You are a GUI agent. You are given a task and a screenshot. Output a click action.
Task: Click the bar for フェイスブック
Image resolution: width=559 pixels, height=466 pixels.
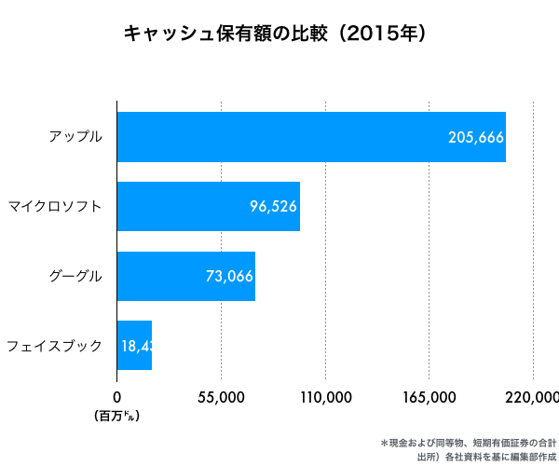[x=134, y=345]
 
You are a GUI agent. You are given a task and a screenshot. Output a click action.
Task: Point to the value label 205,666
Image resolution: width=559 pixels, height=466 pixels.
[x=476, y=137]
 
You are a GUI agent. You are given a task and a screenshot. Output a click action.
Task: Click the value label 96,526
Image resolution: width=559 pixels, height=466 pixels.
[x=274, y=206]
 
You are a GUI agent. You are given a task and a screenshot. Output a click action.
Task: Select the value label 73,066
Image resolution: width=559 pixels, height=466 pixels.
[x=229, y=276]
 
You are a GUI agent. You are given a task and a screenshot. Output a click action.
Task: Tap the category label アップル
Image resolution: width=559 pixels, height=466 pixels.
[x=75, y=137]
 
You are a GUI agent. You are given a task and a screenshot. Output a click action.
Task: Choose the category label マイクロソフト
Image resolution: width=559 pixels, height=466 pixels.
[x=54, y=206]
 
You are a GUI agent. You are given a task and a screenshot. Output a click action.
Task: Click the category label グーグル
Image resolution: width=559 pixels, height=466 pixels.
[x=75, y=276]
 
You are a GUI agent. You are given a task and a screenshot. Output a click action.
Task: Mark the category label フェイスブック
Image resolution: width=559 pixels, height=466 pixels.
[x=54, y=346]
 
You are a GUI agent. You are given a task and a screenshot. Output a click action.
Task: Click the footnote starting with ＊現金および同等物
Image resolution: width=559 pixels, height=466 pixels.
[x=469, y=442]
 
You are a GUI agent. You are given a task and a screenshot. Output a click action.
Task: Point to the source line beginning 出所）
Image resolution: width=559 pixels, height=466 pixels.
[x=486, y=457]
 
